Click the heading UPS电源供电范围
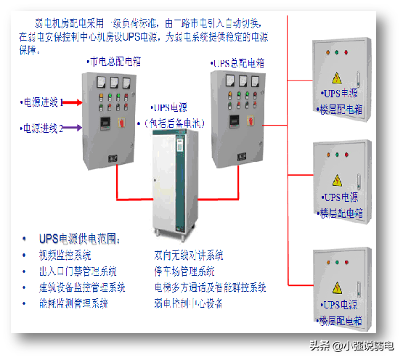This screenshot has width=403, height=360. (x=81, y=238)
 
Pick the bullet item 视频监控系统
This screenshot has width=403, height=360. (x=65, y=255)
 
